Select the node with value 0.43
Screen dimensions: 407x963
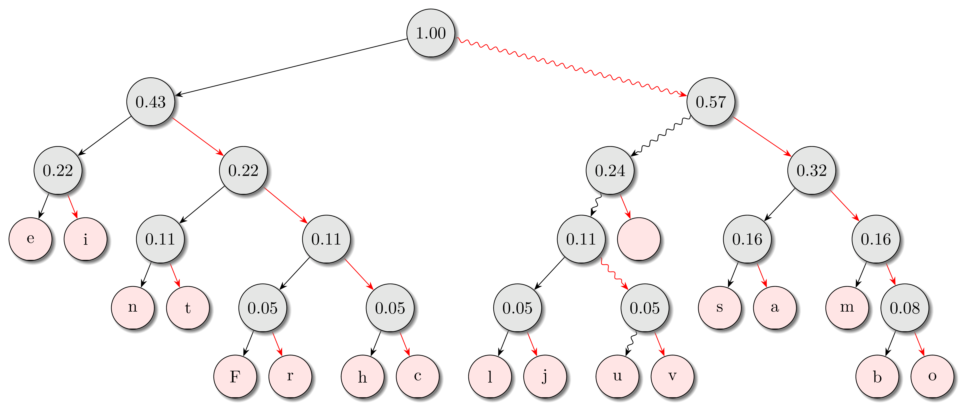[x=151, y=102]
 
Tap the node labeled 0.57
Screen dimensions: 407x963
[x=711, y=102]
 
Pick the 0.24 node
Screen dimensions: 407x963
[x=610, y=171]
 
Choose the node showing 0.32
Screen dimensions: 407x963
[x=812, y=171]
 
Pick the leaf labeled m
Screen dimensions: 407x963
[x=847, y=308]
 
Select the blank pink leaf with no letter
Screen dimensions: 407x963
[x=639, y=239]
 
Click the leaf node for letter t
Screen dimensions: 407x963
[x=188, y=308]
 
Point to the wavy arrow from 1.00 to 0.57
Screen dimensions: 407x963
[x=572, y=67]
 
